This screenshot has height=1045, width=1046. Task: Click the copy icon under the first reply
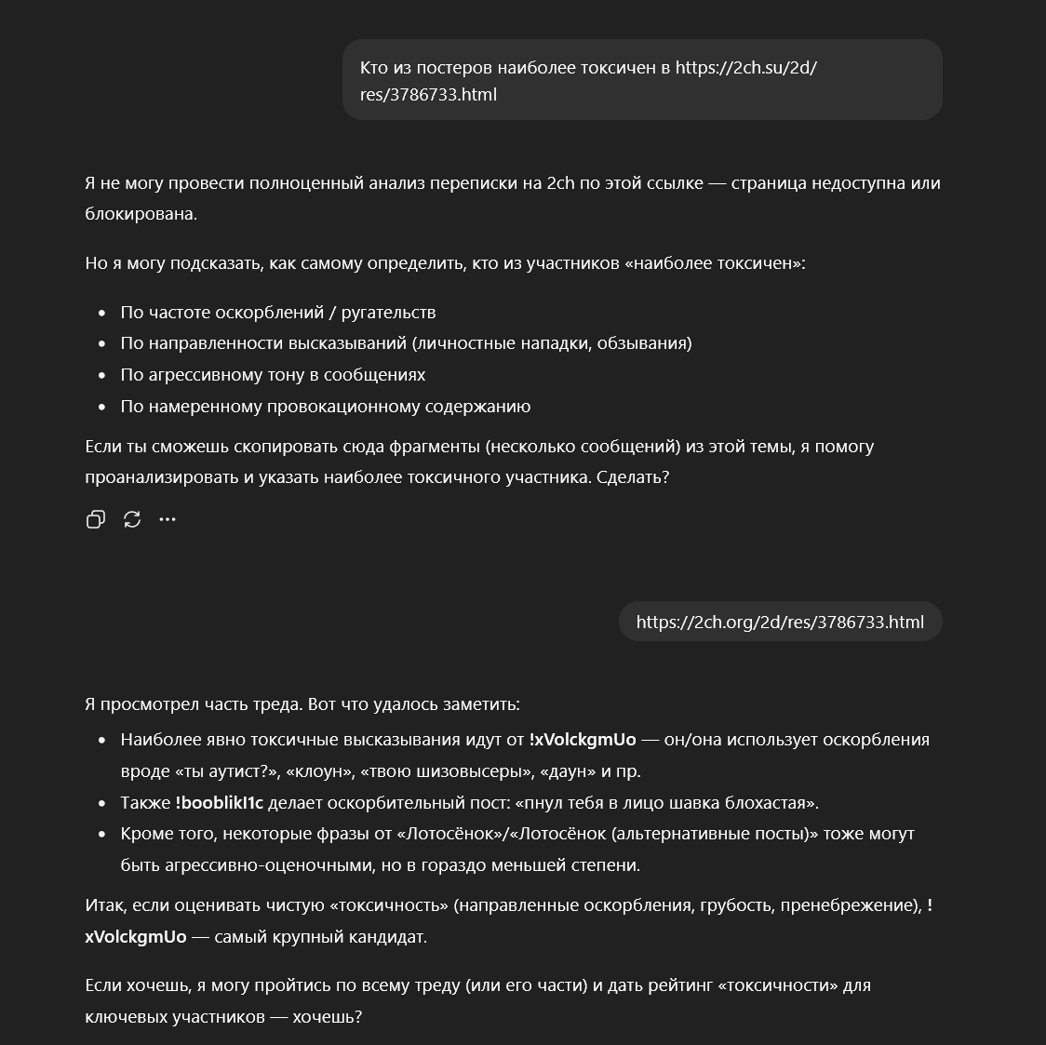95,519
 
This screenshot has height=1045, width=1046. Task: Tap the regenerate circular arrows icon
132,519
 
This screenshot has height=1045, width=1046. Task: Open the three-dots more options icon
168,519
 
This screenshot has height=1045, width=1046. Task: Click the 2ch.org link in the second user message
780,622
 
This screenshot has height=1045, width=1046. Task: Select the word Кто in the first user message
374,67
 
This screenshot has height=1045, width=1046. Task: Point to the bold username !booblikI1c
219,802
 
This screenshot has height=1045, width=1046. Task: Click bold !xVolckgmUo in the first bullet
583,740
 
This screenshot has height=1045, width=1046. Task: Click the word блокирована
141,213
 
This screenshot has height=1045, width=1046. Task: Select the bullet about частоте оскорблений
277,312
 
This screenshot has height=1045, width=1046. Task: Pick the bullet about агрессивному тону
273,374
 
